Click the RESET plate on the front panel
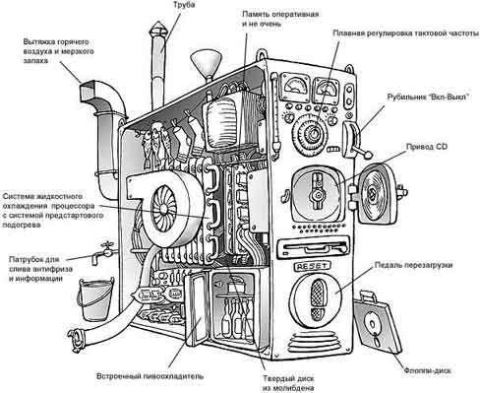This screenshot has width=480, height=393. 313,266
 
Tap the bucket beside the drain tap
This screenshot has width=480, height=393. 95,299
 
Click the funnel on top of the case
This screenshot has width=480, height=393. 207,64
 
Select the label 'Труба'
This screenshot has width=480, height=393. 184,5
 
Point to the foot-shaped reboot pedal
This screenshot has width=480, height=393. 317,300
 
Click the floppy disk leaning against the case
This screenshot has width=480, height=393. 378,322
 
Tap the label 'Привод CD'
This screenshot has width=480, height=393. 427,147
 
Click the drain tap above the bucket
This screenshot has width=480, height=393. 103,252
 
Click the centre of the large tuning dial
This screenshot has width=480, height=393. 312,133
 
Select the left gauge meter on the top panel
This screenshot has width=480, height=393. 296,85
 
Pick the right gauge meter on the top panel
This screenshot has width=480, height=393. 327,90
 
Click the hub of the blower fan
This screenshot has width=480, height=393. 163,209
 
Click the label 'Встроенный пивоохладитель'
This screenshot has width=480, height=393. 150,376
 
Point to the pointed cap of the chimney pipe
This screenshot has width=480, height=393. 158,30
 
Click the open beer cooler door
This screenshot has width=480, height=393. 196,308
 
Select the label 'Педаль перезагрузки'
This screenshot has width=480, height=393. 413,265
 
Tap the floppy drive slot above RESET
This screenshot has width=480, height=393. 313,249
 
